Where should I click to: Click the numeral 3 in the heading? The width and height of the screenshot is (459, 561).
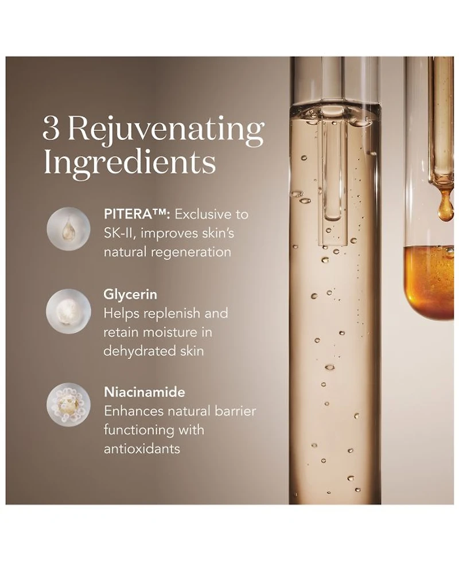[x=51, y=129]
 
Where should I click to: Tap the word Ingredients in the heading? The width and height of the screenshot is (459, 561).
[x=129, y=163]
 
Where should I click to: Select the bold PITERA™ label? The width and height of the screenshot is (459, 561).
[x=137, y=215]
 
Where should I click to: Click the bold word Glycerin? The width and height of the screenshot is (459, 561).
[x=130, y=294]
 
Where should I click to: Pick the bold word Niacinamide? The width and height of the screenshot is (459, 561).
[x=145, y=392]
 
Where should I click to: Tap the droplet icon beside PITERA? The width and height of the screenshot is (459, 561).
[x=68, y=229]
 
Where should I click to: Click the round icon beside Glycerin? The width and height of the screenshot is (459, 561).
[x=68, y=311]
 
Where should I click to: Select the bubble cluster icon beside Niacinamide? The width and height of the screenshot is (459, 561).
[x=68, y=406]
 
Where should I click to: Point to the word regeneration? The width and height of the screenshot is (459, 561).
[x=190, y=253]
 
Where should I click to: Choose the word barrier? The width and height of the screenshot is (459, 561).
[x=235, y=411]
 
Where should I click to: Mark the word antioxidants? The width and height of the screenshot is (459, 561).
[x=142, y=449]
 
